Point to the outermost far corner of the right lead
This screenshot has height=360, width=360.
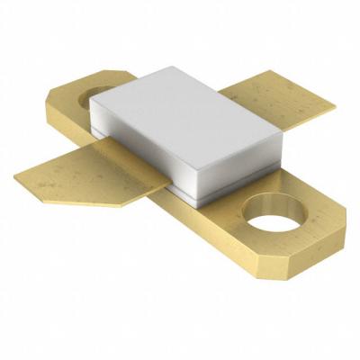(334, 107)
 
